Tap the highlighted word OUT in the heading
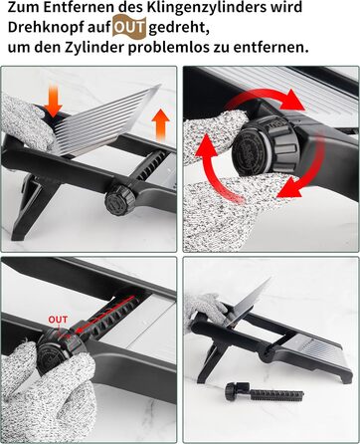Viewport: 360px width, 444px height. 129,28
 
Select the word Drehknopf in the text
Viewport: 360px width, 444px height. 46,28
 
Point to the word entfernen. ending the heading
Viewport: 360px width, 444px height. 270,48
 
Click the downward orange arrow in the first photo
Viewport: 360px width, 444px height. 53,100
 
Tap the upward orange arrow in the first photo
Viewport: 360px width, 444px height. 161,124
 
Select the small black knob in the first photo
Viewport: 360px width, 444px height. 120,199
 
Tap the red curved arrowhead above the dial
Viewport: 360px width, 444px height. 292,100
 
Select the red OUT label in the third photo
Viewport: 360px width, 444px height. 58,320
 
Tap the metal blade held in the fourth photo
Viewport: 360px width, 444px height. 250,301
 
